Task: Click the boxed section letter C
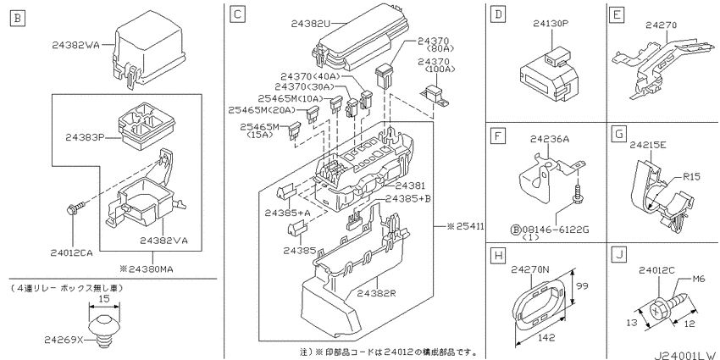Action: [x=237, y=14]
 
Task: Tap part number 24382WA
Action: [x=75, y=45]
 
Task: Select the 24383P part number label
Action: [x=85, y=136]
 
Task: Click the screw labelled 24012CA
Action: [x=75, y=207]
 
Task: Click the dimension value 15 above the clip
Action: [x=104, y=298]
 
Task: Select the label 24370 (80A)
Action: [x=433, y=45]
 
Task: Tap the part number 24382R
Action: [x=376, y=292]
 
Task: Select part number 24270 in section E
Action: [x=661, y=25]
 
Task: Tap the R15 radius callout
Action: [x=691, y=176]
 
